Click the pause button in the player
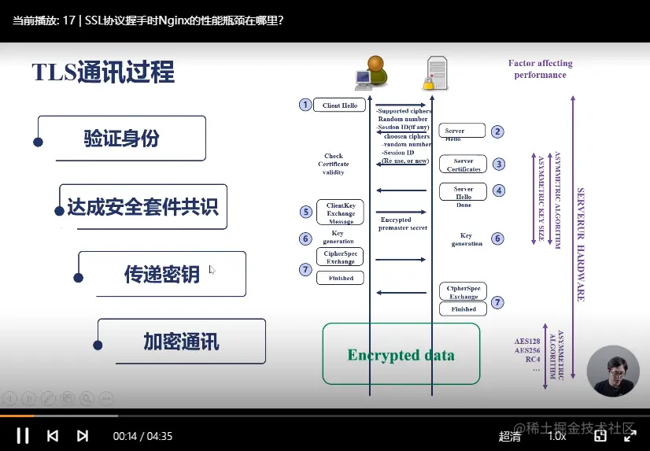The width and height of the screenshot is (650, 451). click(x=23, y=435)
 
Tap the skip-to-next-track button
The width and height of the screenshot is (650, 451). click(x=83, y=435)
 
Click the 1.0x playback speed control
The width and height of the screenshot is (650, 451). click(x=556, y=435)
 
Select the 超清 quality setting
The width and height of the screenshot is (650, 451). click(x=510, y=435)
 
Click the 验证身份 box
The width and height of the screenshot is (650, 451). click(x=121, y=139)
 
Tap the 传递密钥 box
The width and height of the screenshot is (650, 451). click(x=161, y=274)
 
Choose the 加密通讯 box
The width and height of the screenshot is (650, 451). click(x=181, y=342)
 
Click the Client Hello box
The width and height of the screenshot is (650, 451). click(x=339, y=105)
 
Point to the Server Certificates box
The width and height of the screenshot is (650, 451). click(x=463, y=165)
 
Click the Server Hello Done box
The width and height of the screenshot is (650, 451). click(x=463, y=194)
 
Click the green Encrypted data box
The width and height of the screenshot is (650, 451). click(x=401, y=354)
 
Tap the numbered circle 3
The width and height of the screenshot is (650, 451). click(x=497, y=164)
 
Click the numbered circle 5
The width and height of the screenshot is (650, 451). click(x=306, y=211)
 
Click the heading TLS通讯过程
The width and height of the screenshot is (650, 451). click(x=103, y=73)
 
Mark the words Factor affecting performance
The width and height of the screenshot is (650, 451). click(x=540, y=68)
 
